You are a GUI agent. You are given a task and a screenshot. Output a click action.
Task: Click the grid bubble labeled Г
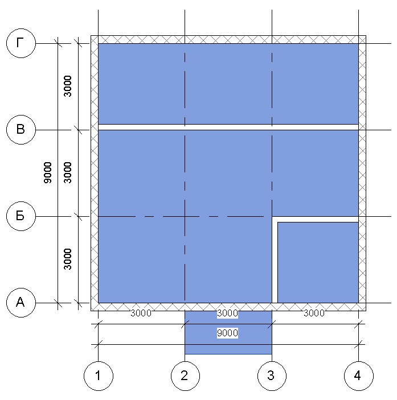pyautogui.click(x=21, y=43)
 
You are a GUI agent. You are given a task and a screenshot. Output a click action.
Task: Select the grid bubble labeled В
pyautogui.click(x=21, y=130)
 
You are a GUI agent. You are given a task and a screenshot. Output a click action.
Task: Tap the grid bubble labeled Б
pyautogui.click(x=21, y=216)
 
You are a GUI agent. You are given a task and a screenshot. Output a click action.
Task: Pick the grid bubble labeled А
pyautogui.click(x=21, y=303)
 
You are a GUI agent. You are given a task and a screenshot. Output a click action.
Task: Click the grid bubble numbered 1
pyautogui.click(x=99, y=376)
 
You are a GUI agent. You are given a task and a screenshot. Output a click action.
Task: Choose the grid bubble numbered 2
pyautogui.click(x=185, y=376)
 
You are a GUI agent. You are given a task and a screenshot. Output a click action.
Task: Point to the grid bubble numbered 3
pyautogui.click(x=272, y=376)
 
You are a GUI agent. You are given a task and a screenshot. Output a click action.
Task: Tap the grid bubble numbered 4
pyautogui.click(x=359, y=376)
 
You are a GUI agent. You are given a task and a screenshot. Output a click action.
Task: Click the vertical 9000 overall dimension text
pyautogui.click(x=48, y=173)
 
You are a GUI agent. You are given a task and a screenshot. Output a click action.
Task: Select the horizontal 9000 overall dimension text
pyautogui.click(x=227, y=333)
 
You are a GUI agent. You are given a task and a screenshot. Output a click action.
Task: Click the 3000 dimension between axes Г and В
pyautogui.click(x=68, y=86)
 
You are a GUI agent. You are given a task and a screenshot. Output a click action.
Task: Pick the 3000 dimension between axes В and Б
pyautogui.click(x=68, y=173)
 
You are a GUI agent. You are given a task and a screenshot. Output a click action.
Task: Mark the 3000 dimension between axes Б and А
pyautogui.click(x=68, y=259)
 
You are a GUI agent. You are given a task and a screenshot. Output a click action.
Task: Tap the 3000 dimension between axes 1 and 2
pyautogui.click(x=141, y=313)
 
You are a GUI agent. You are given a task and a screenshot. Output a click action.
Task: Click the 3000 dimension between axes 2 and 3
pyautogui.click(x=227, y=313)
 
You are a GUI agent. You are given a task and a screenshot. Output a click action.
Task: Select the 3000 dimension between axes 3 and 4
pyautogui.click(x=314, y=313)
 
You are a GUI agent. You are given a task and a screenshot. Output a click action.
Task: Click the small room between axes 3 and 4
pyautogui.click(x=318, y=262)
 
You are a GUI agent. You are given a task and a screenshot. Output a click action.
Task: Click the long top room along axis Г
pyautogui.click(x=228, y=84)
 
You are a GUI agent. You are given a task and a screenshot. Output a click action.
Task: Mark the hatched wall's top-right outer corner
pyautogui.click(x=366, y=36)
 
